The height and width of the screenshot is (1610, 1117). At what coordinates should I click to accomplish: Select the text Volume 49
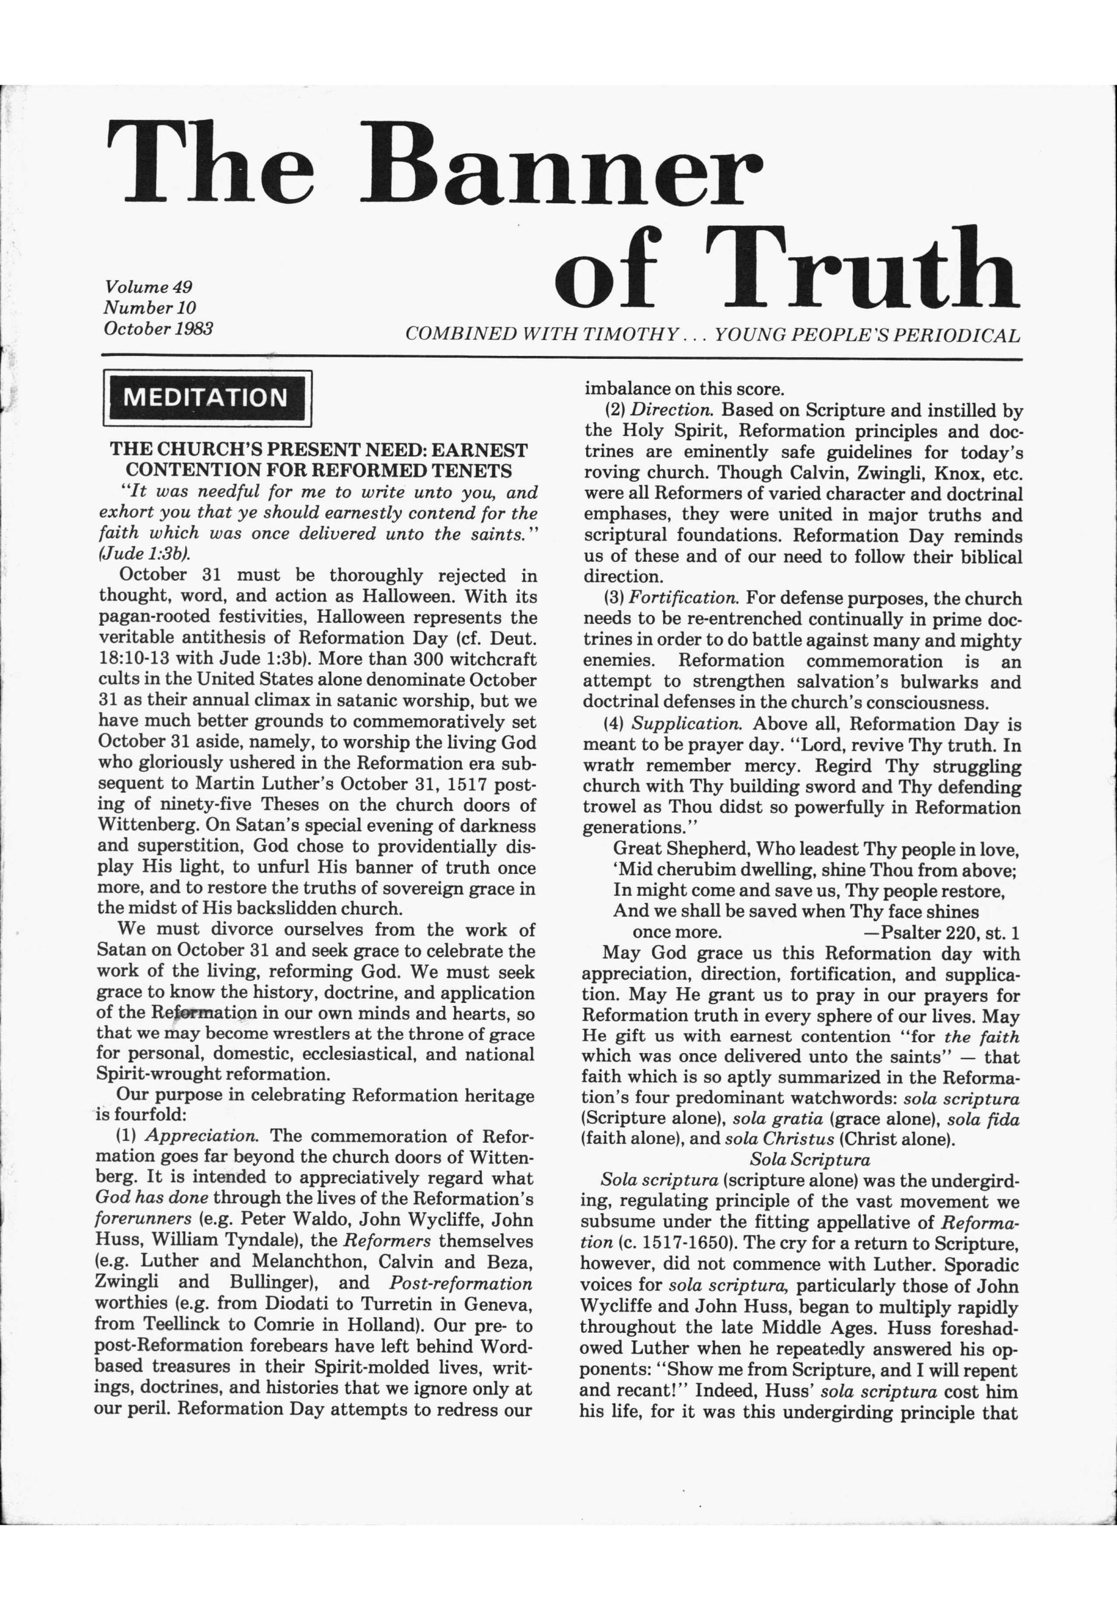coord(148,287)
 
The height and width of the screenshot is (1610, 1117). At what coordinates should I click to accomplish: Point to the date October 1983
coord(158,328)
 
